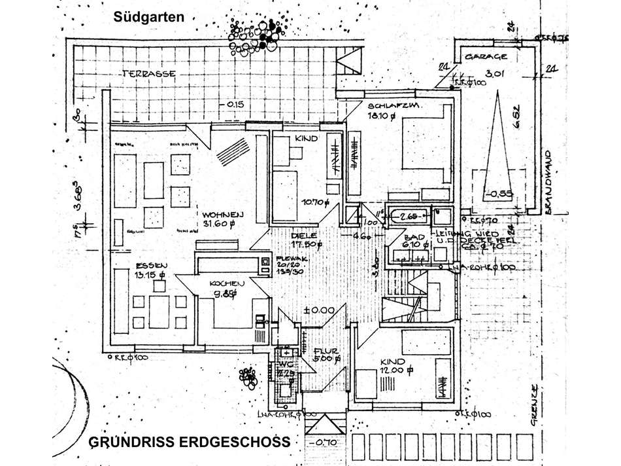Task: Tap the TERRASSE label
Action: [148, 73]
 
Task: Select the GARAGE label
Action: [486, 57]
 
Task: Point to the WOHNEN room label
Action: [223, 214]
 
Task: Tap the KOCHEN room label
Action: [227, 283]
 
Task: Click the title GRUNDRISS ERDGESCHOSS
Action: [189, 442]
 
